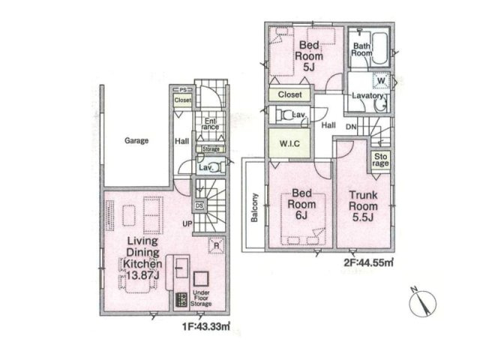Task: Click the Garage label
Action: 136,140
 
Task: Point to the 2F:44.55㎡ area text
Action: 369,263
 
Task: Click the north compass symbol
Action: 421,302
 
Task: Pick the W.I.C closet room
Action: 289,142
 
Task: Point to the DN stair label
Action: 351,127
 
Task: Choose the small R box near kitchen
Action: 216,245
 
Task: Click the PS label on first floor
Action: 182,89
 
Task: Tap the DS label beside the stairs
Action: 199,205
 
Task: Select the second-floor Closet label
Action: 289,95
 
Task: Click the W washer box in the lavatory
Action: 381,80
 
